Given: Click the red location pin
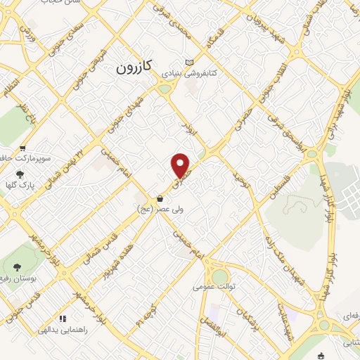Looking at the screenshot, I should tap(181, 166).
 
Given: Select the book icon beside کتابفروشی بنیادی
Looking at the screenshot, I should tap(188, 61).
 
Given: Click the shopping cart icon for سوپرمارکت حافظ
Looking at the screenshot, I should tap(22, 148).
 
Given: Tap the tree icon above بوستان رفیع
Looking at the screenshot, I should tap(16, 266).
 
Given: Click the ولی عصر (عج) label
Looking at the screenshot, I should tap(161, 209).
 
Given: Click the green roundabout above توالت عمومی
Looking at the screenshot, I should tap(220, 275).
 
